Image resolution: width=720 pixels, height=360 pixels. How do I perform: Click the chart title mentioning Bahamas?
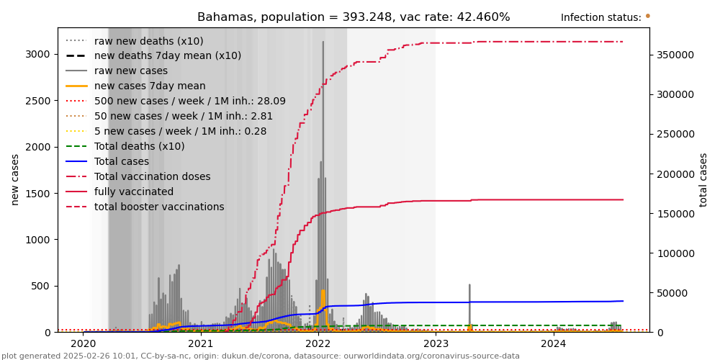[x=354, y=17]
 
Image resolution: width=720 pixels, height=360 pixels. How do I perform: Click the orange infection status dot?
[x=647, y=16]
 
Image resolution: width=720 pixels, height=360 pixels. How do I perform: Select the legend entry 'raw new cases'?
[x=131, y=71]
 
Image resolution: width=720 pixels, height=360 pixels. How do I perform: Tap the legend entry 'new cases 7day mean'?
[x=150, y=86]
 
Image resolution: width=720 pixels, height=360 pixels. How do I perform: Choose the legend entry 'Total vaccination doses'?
[x=153, y=177]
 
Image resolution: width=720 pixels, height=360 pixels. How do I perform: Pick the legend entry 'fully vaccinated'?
[x=134, y=192]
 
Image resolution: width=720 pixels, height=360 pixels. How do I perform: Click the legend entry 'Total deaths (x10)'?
[x=140, y=147]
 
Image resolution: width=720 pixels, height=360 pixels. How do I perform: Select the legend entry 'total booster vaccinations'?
[x=159, y=207]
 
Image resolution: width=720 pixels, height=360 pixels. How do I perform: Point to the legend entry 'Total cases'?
[x=122, y=162]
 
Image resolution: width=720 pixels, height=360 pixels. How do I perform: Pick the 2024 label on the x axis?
[x=554, y=344]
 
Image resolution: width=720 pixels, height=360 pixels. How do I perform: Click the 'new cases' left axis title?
[x=15, y=180]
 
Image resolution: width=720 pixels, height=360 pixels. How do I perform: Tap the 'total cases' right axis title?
[x=703, y=180]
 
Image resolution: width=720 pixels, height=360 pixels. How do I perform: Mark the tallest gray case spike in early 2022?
[x=323, y=43]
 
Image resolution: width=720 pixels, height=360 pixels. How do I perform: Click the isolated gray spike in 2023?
[x=469, y=287]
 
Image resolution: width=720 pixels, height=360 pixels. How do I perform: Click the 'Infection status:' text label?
[x=600, y=18]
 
